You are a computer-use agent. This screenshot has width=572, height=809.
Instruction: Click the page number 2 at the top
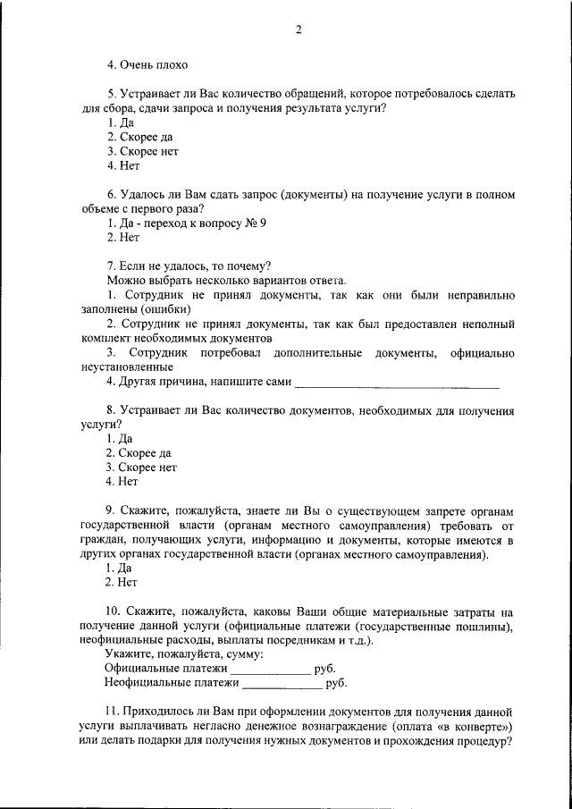click(x=299, y=29)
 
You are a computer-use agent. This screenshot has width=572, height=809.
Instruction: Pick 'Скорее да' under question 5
click(x=140, y=137)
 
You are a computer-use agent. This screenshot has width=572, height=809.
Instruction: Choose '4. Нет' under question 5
click(x=123, y=165)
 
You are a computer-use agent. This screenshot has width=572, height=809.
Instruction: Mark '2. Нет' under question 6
click(x=123, y=238)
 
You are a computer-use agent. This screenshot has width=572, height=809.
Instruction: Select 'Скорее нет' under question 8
click(x=142, y=467)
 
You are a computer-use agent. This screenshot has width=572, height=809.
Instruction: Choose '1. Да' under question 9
click(x=120, y=568)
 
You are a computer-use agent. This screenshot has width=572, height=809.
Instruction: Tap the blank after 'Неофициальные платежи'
click(x=282, y=684)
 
